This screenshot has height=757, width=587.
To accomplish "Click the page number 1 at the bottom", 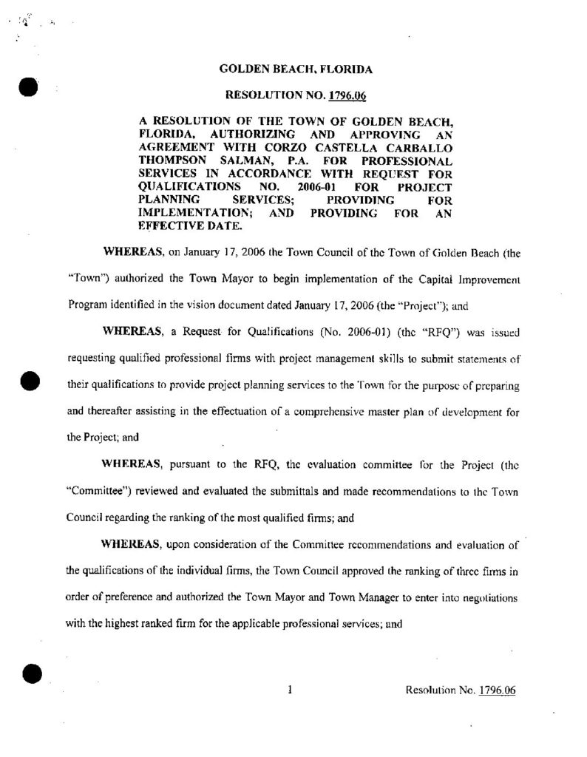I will click(x=291, y=690).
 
